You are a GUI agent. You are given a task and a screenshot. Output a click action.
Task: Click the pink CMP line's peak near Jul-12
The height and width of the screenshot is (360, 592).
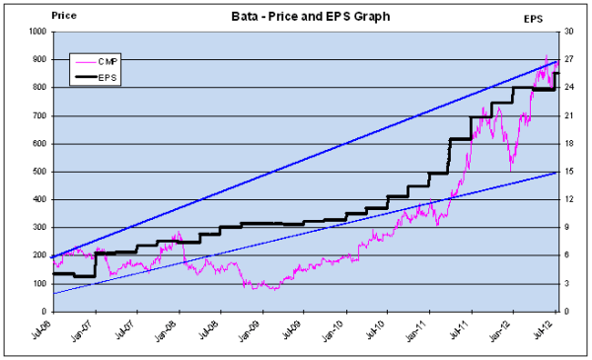point(547,56)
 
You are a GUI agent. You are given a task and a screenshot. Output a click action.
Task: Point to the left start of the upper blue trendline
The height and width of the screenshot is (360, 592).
point(51,256)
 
